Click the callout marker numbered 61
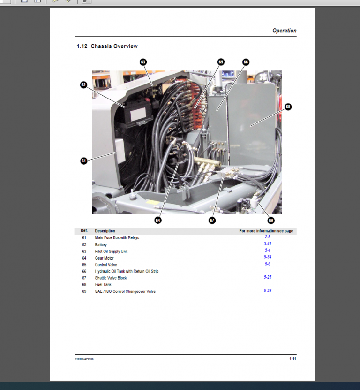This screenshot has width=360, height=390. [x=83, y=161]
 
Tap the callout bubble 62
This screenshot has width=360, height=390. [x=83, y=85]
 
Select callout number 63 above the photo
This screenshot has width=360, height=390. [x=143, y=62]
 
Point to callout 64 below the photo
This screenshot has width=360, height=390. [x=158, y=220]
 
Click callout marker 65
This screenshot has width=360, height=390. [x=221, y=62]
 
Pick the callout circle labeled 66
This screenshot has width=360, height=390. [x=245, y=62]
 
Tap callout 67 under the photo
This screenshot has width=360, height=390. [x=212, y=220]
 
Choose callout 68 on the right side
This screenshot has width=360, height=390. [x=288, y=107]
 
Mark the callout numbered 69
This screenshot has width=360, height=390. [x=271, y=220]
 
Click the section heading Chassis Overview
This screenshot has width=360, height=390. [x=114, y=46]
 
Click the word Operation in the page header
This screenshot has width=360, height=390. [x=284, y=31]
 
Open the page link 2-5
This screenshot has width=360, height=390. [x=268, y=237]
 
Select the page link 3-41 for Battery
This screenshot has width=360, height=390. [x=268, y=244]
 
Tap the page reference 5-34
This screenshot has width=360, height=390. [x=268, y=257]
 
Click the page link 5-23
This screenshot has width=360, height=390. [x=268, y=291]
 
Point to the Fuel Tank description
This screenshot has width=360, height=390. [x=103, y=285]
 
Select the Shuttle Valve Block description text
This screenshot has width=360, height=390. [x=111, y=278]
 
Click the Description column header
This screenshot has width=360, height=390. [x=105, y=231]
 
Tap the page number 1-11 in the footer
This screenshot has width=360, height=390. [x=292, y=359]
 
